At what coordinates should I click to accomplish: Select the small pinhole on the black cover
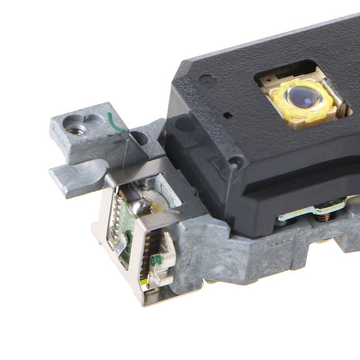229,115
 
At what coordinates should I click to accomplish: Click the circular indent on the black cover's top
207,79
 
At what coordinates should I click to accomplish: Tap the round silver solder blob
141,206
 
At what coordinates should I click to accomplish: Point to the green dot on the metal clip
158,260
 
